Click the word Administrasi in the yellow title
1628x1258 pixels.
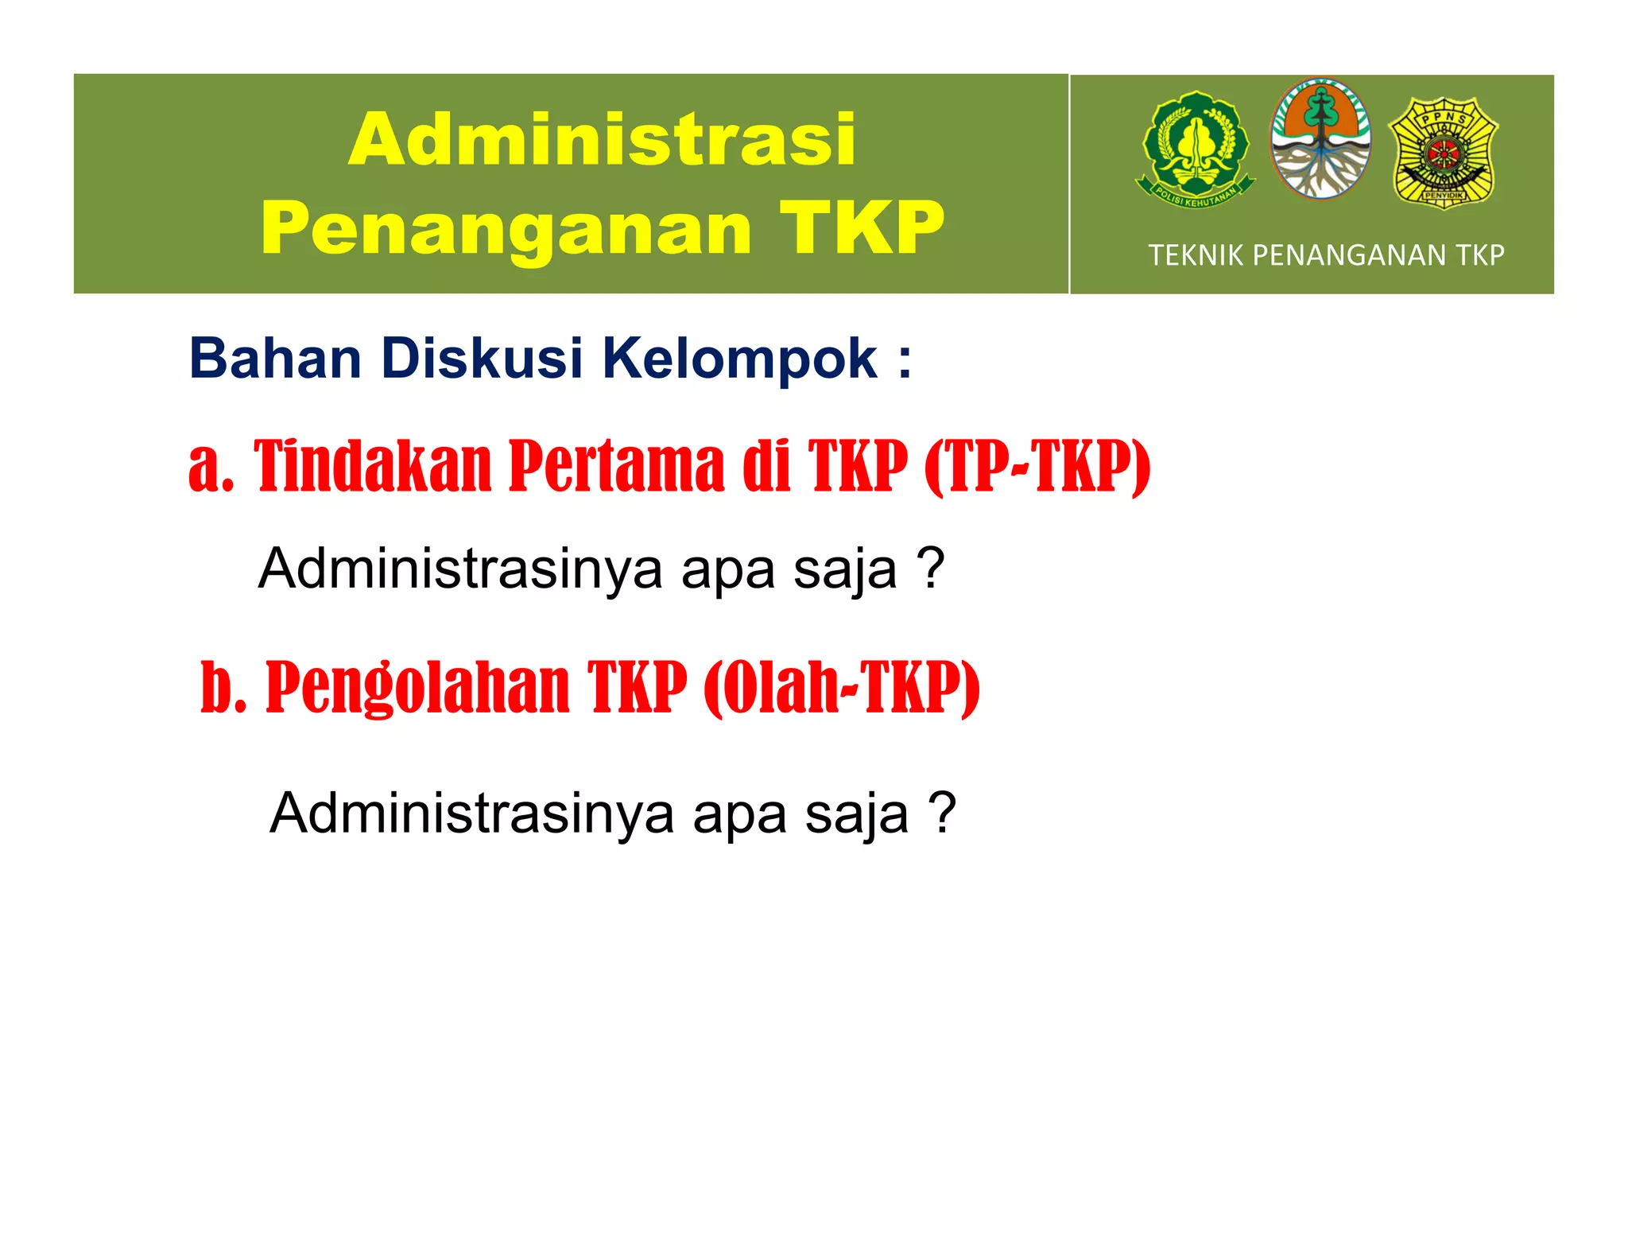click(x=602, y=140)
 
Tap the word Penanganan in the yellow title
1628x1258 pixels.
click(x=506, y=229)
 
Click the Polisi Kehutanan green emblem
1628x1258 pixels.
click(x=1195, y=149)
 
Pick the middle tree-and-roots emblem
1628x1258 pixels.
click(x=1320, y=139)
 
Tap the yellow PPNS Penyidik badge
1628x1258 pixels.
click(x=1444, y=152)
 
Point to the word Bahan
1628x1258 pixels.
click(x=275, y=359)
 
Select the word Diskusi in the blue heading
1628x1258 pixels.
click(x=482, y=359)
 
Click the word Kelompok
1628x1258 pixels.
click(x=739, y=360)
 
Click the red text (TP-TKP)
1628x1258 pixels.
click(x=1037, y=467)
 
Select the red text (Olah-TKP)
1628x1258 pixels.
click(x=842, y=688)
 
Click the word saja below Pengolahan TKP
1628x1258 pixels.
click(x=856, y=814)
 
